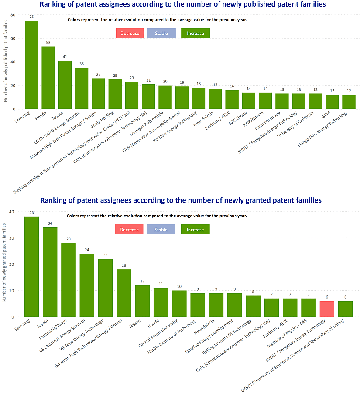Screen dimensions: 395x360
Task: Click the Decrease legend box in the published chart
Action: (130, 33)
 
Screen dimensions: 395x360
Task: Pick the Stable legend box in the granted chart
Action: (161, 229)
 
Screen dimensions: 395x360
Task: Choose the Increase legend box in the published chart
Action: (195, 33)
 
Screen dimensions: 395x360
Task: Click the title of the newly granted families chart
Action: (181, 200)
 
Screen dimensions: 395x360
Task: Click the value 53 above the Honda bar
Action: (48, 43)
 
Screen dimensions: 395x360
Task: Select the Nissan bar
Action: (142, 301)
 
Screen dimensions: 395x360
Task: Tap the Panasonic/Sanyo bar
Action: (69, 280)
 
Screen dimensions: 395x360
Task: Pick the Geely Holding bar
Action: (115, 94)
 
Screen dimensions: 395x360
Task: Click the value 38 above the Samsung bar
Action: (31, 213)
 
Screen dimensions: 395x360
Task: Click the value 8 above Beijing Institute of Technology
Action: (253, 292)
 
